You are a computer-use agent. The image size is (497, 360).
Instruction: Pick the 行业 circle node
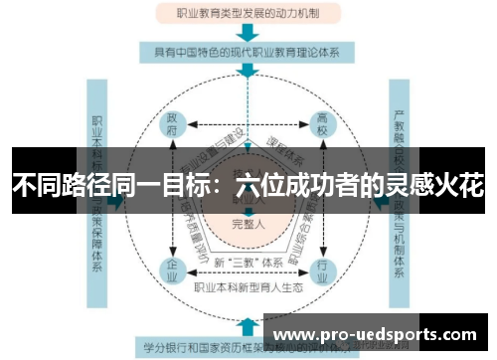tap(320, 268)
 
